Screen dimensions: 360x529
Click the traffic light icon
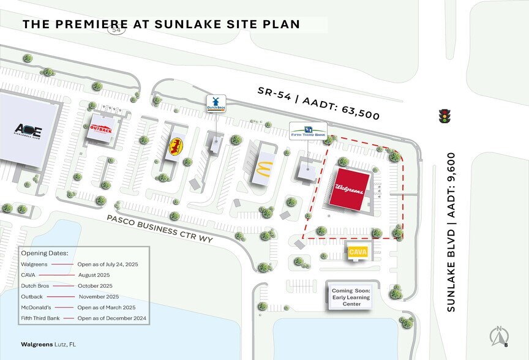[x=445, y=116]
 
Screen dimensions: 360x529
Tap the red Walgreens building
[x=350, y=189]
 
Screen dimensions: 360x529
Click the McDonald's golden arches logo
[x=263, y=168]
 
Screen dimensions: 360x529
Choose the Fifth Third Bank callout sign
[x=308, y=130]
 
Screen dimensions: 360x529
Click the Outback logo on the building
[x=101, y=129]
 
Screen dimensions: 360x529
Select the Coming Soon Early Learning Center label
[x=351, y=297]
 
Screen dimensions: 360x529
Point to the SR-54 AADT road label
[x=318, y=102]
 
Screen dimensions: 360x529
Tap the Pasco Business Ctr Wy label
[x=159, y=228]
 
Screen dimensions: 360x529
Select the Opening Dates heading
[x=44, y=253]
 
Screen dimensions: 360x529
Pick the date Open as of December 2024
[x=112, y=318]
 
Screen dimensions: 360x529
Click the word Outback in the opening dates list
[x=32, y=296]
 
